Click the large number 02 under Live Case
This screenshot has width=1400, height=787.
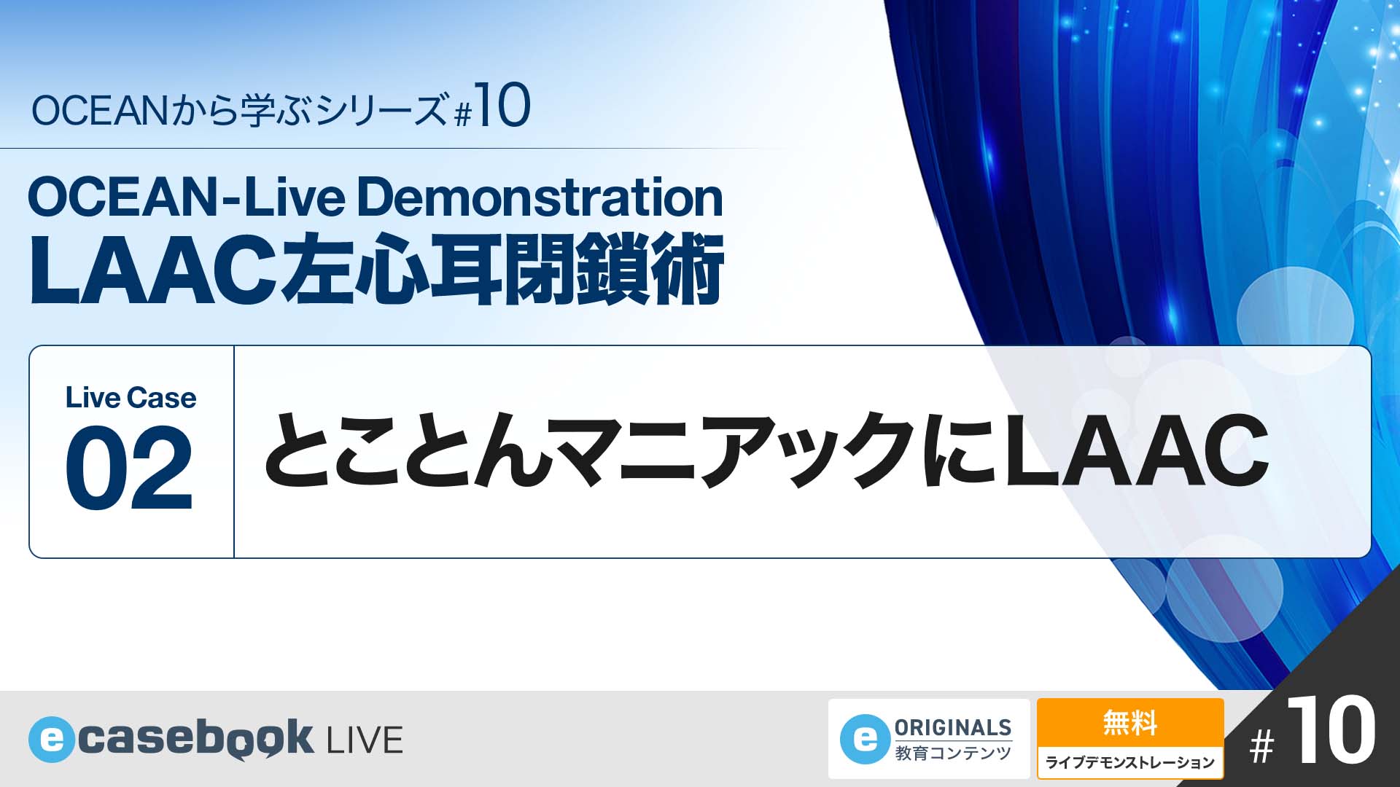click(x=129, y=469)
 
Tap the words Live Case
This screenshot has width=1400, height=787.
click(x=131, y=398)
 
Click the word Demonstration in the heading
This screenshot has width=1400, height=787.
click(x=540, y=197)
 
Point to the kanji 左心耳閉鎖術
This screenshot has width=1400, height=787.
click(x=503, y=269)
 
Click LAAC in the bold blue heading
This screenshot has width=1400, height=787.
click(x=155, y=270)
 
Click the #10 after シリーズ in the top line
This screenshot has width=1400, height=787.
click(x=492, y=107)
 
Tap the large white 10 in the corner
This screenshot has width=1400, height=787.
click(x=1331, y=731)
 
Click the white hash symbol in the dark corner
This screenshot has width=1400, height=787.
click(x=1262, y=747)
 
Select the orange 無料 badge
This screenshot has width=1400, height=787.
click(x=1130, y=724)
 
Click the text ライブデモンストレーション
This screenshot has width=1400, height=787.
click(x=1130, y=763)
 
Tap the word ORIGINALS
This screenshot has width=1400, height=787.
click(x=953, y=727)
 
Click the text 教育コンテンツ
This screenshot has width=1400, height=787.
click(x=953, y=753)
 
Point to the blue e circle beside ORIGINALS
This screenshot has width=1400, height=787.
click(x=865, y=739)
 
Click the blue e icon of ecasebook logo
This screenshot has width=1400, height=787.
click(x=52, y=740)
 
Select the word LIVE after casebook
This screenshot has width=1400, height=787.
click(x=365, y=740)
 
